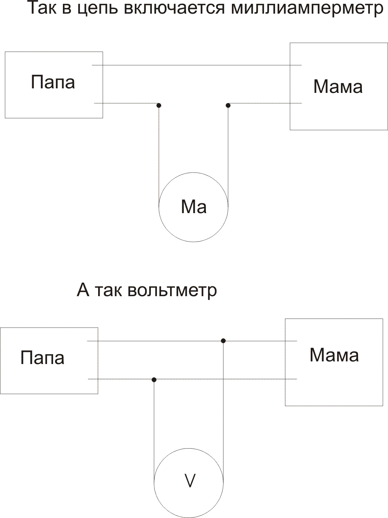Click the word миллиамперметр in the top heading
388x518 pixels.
(307, 8)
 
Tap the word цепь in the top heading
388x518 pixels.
(99, 8)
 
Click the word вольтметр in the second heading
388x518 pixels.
(172, 290)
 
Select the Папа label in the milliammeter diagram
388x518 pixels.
(53, 82)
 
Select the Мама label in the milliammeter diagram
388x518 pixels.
(338, 87)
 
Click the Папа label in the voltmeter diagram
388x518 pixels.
(42, 358)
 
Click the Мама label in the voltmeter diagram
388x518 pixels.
(334, 355)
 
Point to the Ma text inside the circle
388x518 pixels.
(194, 207)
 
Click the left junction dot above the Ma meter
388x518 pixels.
(159, 105)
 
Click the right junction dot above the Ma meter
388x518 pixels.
(228, 105)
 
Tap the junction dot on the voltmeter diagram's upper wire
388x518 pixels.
(223, 341)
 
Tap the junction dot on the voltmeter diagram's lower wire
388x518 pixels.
(154, 380)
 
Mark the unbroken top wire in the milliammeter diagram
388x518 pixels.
(197, 65)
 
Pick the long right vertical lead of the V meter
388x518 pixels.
(223, 410)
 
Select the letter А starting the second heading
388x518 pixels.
(83, 290)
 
